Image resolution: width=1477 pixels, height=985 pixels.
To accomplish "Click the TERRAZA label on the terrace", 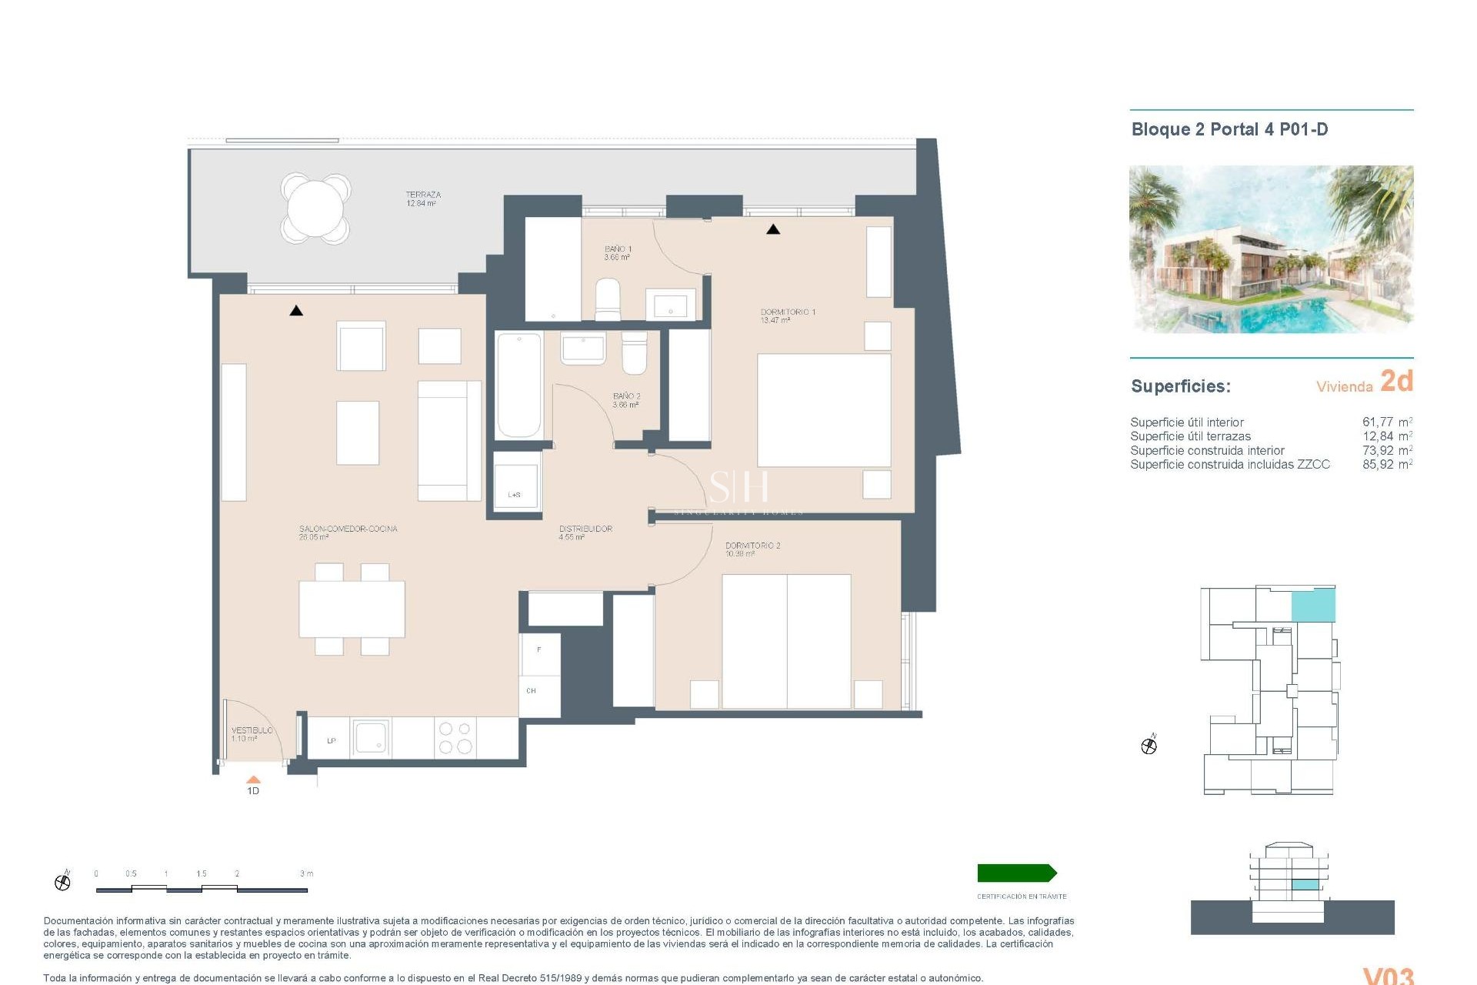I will click(423, 195).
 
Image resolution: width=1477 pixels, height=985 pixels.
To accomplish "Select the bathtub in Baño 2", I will click(519, 385).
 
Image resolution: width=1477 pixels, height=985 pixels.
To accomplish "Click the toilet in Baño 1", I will click(607, 299).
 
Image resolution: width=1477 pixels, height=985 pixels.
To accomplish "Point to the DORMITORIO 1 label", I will click(788, 312).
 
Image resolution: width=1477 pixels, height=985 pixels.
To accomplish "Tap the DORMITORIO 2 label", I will click(752, 546).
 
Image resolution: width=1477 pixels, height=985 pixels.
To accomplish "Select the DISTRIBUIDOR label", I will click(585, 529).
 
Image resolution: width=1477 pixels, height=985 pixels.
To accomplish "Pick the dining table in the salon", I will click(352, 609).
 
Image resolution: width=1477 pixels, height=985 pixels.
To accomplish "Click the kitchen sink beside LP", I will click(372, 738).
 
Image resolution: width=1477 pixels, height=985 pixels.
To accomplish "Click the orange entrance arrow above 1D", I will click(253, 780).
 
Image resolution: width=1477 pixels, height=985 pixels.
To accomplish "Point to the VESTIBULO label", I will click(252, 730).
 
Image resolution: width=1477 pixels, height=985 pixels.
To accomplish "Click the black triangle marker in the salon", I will click(296, 311).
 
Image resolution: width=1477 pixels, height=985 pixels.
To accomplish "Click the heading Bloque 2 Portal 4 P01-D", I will click(1229, 129).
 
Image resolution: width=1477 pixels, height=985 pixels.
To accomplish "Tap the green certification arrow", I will click(1016, 873).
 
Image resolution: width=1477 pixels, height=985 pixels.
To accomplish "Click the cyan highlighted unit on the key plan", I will click(1312, 606).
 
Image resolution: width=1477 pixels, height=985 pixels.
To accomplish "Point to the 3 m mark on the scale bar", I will click(306, 874).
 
